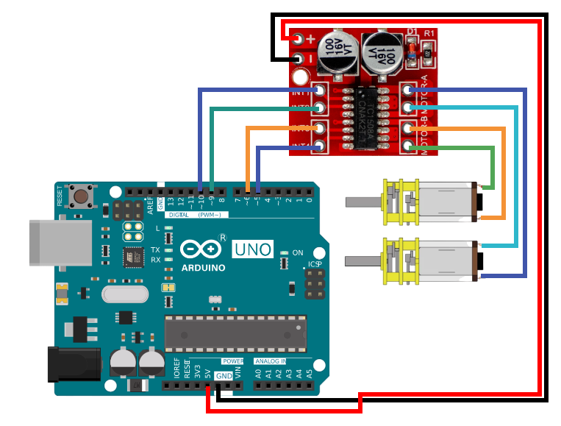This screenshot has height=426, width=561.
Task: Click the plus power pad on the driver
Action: point(299,39)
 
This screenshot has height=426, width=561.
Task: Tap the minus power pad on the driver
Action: point(299,59)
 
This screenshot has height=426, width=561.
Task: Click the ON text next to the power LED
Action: point(298,253)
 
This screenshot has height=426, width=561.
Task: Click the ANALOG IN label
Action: point(271,361)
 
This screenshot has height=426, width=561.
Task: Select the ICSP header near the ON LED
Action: point(314,284)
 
